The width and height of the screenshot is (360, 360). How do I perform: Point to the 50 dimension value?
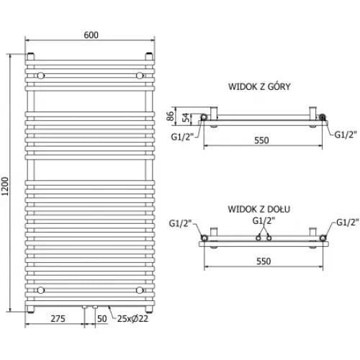(x=102, y=318)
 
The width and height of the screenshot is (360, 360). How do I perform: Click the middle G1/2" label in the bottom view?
(x=263, y=220)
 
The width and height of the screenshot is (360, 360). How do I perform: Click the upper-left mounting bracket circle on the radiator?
(x=41, y=74)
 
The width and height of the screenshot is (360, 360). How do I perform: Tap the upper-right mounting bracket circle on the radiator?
(x=141, y=74)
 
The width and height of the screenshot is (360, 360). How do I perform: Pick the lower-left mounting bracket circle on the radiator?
(x=41, y=289)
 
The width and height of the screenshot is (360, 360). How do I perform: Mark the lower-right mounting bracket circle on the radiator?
(x=141, y=289)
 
